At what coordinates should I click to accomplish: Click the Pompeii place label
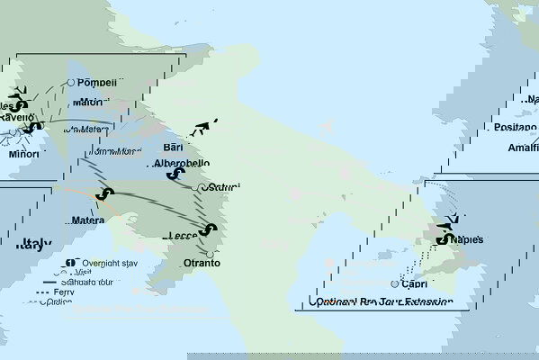(x=98, y=83)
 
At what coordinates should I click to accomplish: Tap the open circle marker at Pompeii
(x=71, y=83)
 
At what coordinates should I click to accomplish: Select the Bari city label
(x=175, y=146)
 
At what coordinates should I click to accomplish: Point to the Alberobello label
(x=182, y=163)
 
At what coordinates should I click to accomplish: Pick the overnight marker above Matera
(x=108, y=194)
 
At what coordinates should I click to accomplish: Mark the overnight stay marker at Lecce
(x=210, y=230)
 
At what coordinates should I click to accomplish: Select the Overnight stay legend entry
(x=100, y=262)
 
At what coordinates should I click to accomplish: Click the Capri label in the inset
(x=415, y=283)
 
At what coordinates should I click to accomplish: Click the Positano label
(x=514, y=128)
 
